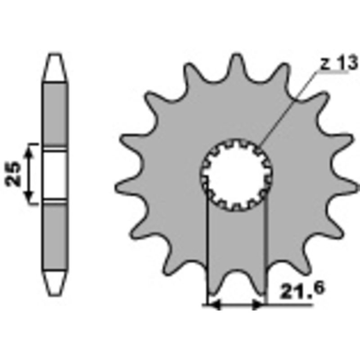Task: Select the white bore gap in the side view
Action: (55, 173)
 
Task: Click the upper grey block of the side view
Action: (55, 115)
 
